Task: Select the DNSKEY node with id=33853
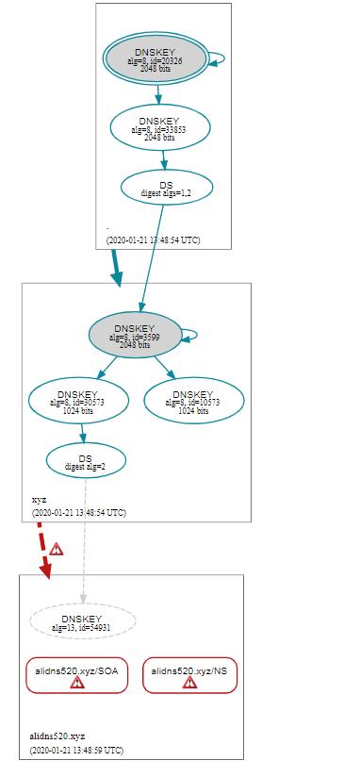159,126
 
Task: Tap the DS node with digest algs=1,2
166,189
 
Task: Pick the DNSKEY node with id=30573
77,400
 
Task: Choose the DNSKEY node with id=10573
193,400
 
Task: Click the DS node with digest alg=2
86,461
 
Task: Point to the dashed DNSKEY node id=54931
83,622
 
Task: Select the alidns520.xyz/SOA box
77,675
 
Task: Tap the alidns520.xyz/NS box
190,675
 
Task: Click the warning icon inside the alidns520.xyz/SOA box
77,683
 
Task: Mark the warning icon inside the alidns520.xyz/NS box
190,683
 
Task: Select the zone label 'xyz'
39,499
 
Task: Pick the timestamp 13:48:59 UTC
74,751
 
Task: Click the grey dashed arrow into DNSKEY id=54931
84,547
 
